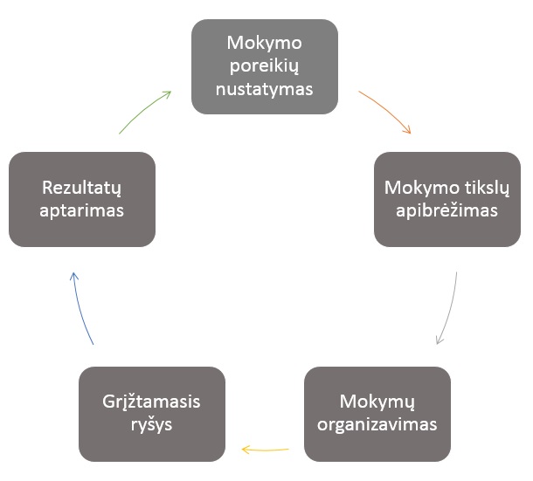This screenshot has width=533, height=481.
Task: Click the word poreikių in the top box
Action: [264, 66]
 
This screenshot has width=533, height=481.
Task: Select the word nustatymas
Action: [264, 89]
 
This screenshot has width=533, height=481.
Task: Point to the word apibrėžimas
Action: [446, 210]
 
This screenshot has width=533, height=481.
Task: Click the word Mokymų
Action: [377, 402]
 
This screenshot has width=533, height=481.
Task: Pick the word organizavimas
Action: [377, 424]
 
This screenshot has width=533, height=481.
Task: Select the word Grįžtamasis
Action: [151, 402]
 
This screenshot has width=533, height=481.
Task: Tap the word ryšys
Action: [152, 424]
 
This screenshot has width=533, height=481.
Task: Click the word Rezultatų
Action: [81, 189]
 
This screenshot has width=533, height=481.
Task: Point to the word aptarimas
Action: [81, 210]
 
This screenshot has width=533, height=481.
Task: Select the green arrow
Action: [142, 110]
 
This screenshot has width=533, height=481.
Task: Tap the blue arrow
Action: [80, 306]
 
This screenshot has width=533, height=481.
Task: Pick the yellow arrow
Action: [265, 450]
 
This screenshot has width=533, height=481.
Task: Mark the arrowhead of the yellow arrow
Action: [242, 450]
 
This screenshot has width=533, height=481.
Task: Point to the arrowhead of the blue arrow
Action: [73, 272]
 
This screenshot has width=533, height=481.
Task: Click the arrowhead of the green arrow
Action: [170, 91]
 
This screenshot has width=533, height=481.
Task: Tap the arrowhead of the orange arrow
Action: [411, 134]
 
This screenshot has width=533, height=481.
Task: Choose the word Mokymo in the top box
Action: [264, 43]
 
